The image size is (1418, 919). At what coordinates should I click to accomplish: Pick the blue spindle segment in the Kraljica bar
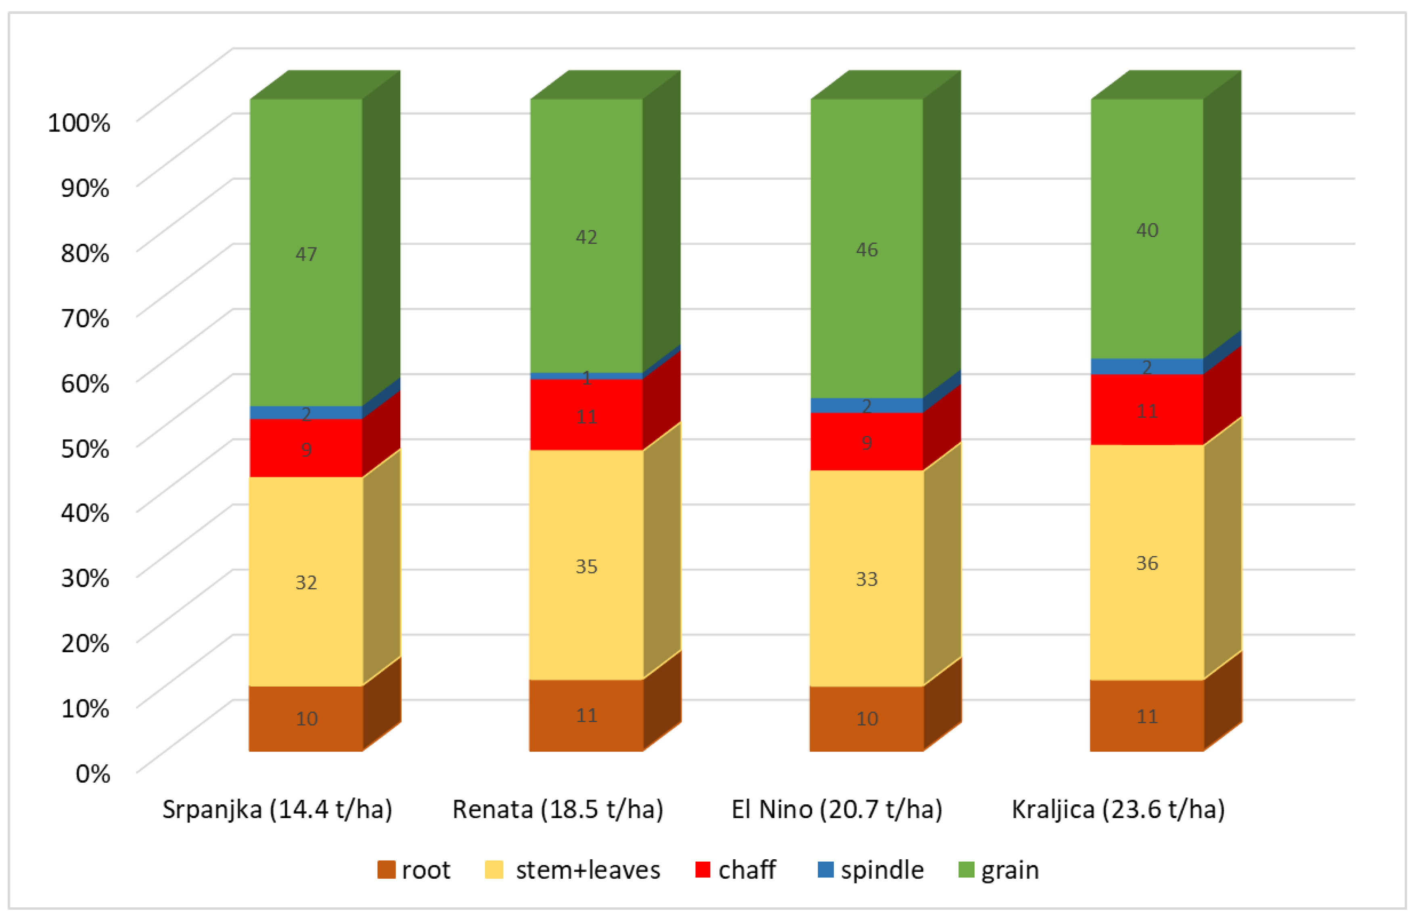pos(1147,366)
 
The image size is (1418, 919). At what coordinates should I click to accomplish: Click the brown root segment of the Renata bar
pos(586,715)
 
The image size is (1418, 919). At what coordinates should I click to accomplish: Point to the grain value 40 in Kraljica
pos(1147,230)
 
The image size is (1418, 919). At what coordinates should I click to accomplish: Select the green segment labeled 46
pos(866,249)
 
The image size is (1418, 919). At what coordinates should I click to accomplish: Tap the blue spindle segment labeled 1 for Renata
pos(586,376)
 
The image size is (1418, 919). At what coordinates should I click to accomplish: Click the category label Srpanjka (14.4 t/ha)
pos(277,809)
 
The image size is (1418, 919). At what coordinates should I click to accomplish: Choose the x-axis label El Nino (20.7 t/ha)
pos(837,809)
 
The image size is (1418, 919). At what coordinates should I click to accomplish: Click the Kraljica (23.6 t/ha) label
pos(1118,809)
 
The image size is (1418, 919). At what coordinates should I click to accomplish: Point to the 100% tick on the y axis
pos(79,123)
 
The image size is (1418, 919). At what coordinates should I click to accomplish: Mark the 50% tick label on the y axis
pos(85,448)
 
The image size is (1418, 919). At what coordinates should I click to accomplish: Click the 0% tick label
pos(93,774)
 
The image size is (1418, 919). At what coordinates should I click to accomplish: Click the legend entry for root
pos(414,870)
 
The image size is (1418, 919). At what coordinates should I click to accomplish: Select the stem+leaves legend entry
pos(573,870)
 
